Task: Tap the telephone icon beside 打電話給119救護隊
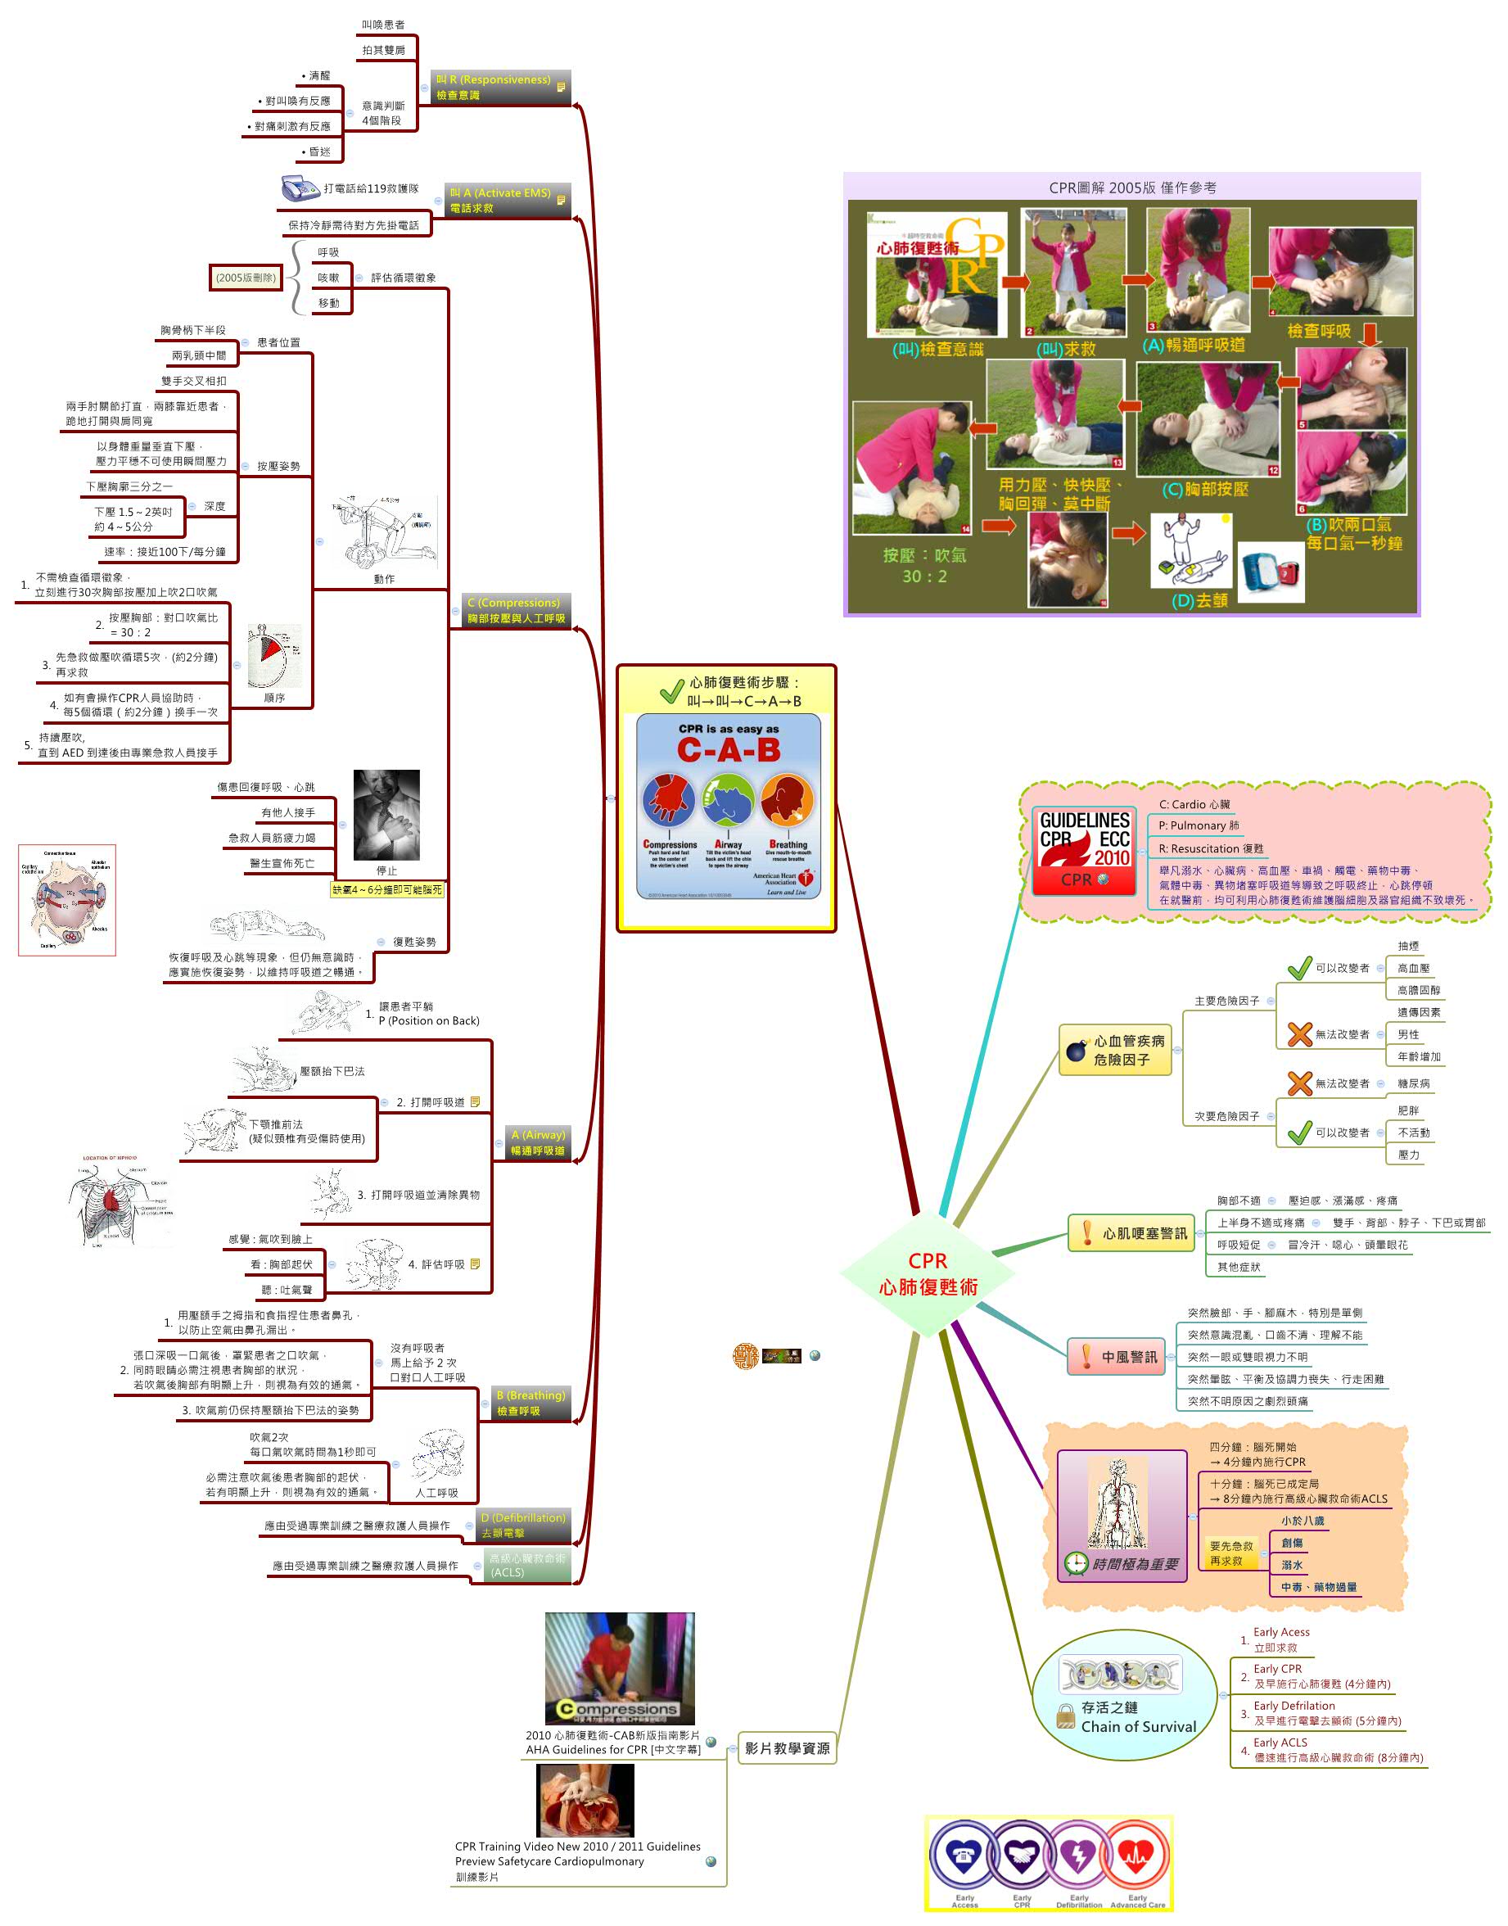300,188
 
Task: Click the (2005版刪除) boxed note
246,278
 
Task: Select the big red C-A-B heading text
729,750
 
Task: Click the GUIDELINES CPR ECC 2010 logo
1083,851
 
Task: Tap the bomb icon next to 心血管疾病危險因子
1076,1050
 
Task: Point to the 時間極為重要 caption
1135,1564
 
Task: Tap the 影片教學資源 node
787,1747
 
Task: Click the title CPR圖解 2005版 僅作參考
1132,188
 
